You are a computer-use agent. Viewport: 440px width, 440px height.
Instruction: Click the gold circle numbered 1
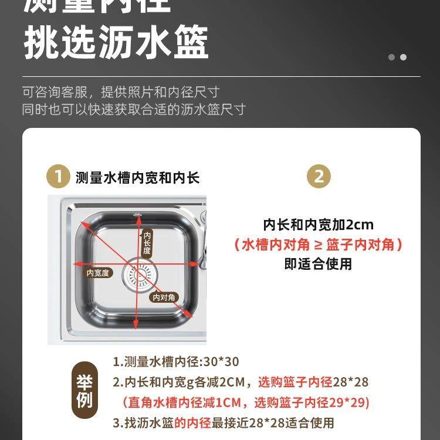click(x=57, y=177)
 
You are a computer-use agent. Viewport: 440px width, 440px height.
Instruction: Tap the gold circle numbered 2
click(x=319, y=177)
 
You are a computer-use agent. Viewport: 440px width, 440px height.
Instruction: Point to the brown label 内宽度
click(x=97, y=273)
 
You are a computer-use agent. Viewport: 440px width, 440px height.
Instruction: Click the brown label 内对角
click(x=164, y=297)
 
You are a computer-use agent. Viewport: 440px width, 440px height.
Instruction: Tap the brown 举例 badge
click(x=84, y=392)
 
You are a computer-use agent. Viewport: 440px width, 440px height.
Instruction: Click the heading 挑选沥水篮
click(x=116, y=43)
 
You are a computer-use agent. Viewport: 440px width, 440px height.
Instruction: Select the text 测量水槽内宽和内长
click(x=137, y=178)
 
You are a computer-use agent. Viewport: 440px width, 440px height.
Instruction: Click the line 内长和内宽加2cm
click(x=318, y=225)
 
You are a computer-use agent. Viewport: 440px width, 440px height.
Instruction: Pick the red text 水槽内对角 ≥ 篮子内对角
click(x=318, y=245)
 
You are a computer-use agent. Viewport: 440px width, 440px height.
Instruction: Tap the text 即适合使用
click(x=318, y=264)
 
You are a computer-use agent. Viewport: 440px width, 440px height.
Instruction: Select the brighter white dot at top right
click(x=403, y=57)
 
